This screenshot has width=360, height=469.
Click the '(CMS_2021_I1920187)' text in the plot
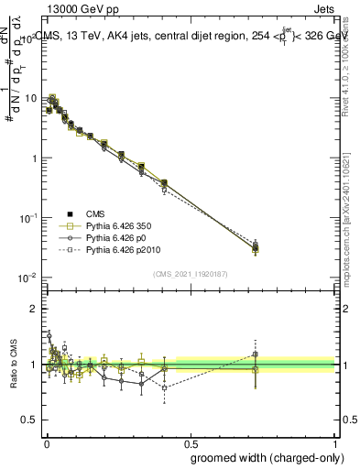click(190, 273)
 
